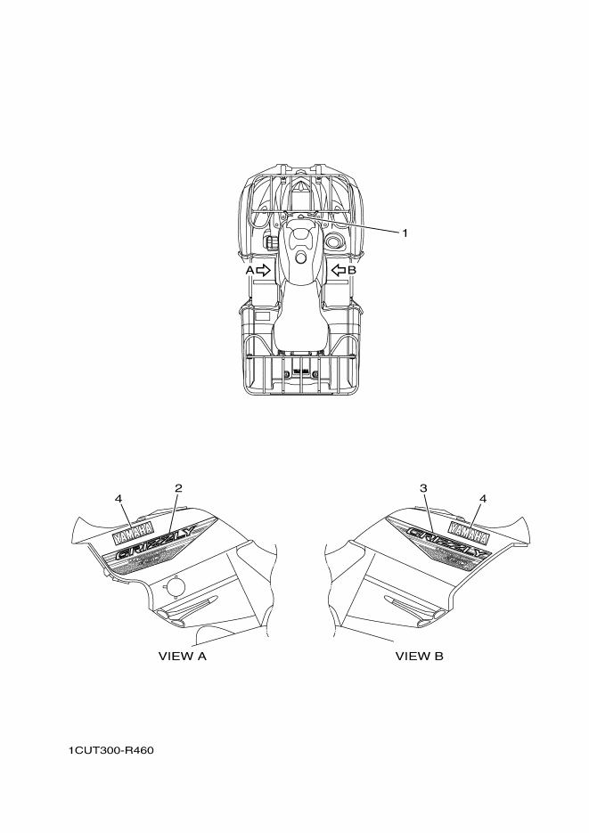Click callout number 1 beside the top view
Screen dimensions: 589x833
[405, 233]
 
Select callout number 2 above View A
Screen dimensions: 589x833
[178, 487]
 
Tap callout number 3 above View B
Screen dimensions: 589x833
[423, 487]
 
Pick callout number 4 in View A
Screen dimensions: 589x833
[119, 498]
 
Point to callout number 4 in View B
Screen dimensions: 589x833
[483, 498]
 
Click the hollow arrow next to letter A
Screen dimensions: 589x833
[264, 271]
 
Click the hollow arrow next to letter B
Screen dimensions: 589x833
[339, 271]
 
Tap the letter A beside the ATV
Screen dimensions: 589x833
[250, 271]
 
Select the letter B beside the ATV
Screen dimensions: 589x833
[352, 271]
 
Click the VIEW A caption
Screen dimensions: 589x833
[182, 656]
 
